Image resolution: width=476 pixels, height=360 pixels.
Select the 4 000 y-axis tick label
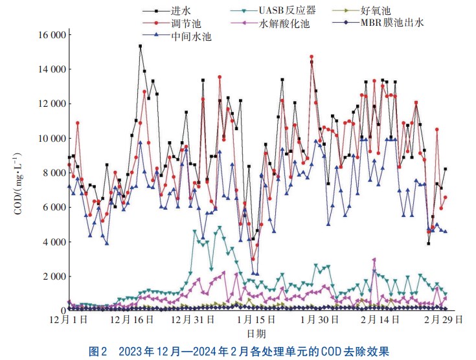pos(52,242)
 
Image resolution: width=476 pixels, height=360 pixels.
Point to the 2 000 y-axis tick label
pos(52,276)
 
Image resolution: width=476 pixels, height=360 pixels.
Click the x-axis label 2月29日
pos(443,320)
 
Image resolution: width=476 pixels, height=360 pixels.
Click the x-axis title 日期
pos(256,333)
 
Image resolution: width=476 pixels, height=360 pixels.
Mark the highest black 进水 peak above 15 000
pos(140,46)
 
